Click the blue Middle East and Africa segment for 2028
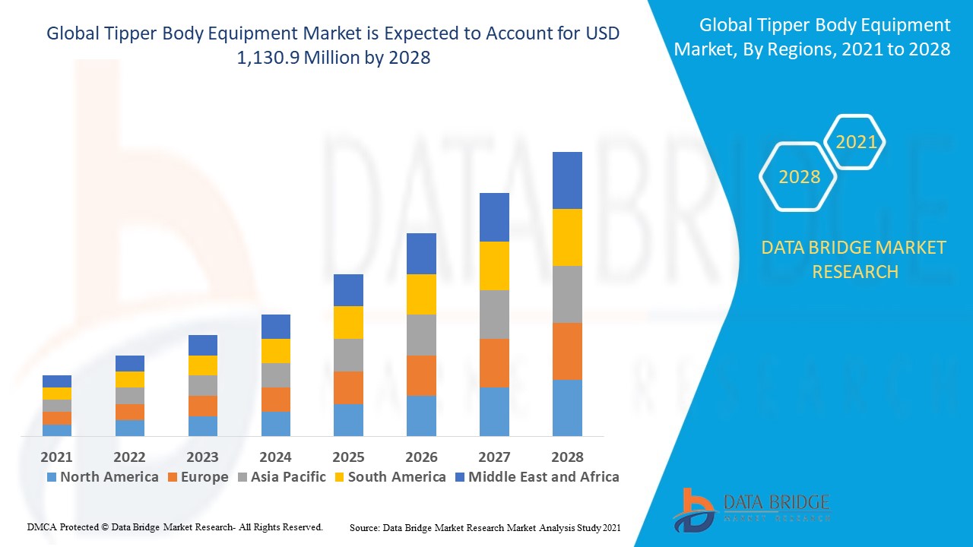click(x=567, y=180)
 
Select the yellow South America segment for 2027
click(x=494, y=266)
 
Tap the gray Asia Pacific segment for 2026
click(x=421, y=335)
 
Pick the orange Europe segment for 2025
click(x=348, y=387)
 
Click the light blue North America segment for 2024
click(x=275, y=424)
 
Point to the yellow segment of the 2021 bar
click(x=57, y=394)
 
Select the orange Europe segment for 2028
click(x=567, y=351)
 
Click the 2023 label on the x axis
click(x=202, y=457)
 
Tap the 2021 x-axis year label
click(x=57, y=457)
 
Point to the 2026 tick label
click(x=421, y=457)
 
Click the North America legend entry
click(x=103, y=477)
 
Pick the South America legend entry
click(x=389, y=477)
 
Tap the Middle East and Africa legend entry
click(x=537, y=477)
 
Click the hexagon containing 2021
click(x=855, y=142)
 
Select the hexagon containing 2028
click(x=799, y=177)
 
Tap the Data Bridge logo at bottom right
click(x=750, y=508)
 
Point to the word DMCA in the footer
click(x=43, y=526)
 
